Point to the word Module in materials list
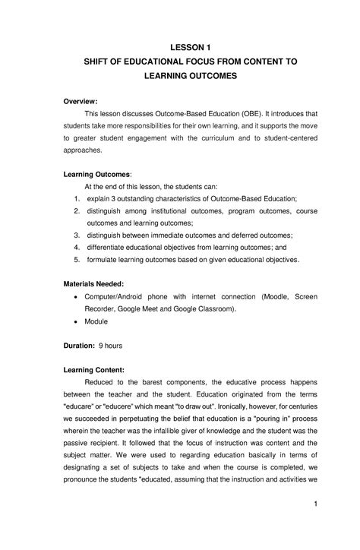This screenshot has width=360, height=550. click(x=96, y=321)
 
